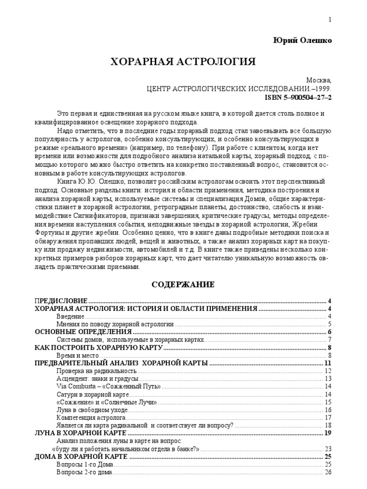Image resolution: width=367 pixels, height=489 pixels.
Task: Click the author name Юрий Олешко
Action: pos(302,41)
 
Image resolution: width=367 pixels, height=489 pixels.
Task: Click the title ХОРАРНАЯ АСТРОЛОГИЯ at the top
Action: pos(183,62)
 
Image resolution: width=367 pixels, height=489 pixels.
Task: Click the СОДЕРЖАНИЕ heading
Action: pos(183,285)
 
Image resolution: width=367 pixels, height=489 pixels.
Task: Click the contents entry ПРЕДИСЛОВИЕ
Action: pos(61,301)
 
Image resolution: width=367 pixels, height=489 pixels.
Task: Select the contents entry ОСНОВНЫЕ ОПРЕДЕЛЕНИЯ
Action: pos(84,332)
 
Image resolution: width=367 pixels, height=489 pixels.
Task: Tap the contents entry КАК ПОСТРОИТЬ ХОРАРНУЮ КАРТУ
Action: pos(99,348)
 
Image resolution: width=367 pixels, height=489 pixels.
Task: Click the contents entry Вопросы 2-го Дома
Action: pos(84,472)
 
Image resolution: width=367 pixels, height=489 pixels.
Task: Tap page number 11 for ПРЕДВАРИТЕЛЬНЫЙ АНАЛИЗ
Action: pos(328,363)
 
